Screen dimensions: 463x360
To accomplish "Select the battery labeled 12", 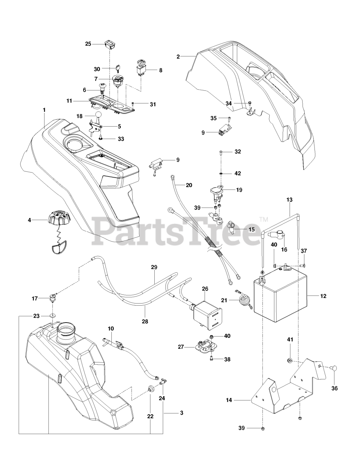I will pyautogui.click(x=280, y=294).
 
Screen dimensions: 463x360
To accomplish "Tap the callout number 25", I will pyautogui.click(x=88, y=44).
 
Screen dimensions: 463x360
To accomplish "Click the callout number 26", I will pyautogui.click(x=205, y=289).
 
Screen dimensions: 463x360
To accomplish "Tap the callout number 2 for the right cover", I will pyautogui.click(x=178, y=56).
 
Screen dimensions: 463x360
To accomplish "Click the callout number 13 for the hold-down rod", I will pyautogui.click(x=290, y=200).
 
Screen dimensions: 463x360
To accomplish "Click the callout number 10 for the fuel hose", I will pyautogui.click(x=111, y=328).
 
